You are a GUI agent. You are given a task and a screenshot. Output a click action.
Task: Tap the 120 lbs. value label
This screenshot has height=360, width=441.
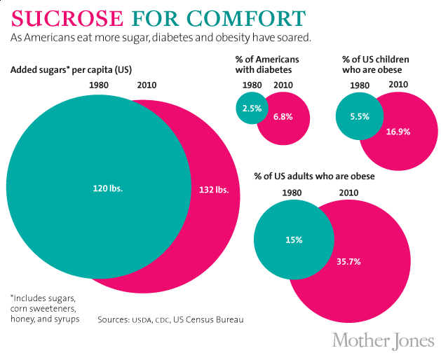(107, 188)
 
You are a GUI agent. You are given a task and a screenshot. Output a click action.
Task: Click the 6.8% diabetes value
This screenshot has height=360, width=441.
(283, 117)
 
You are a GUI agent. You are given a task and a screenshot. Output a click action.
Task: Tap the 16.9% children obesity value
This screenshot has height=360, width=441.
(398, 131)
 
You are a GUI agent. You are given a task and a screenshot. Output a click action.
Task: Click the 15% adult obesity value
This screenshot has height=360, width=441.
(294, 240)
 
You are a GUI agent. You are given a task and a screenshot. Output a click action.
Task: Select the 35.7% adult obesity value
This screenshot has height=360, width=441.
(348, 261)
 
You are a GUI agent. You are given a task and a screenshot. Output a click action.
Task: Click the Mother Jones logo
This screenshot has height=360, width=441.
(382, 340)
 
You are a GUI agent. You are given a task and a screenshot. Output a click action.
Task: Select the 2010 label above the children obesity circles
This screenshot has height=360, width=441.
(398, 85)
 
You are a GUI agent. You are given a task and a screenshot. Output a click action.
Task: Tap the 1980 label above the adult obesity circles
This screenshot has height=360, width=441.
(292, 192)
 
